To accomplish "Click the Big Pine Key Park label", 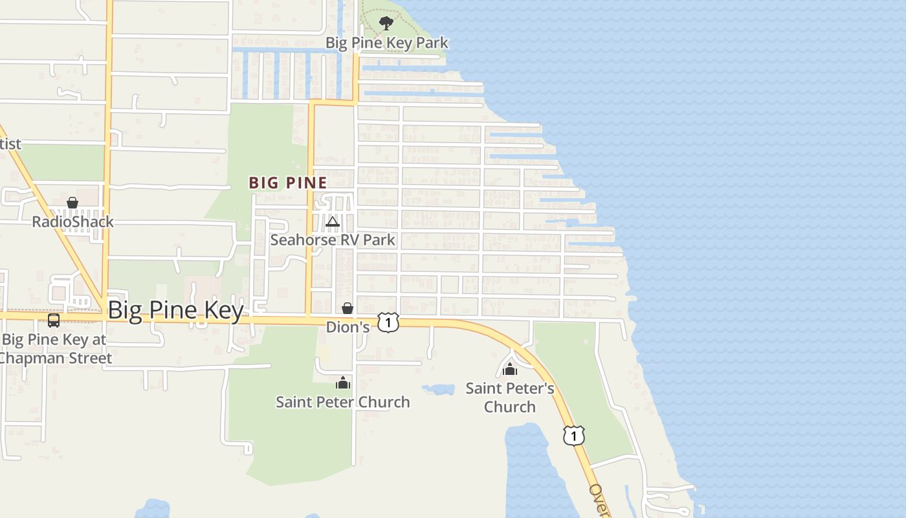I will click(x=386, y=43).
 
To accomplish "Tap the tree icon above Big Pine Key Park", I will click(x=386, y=24).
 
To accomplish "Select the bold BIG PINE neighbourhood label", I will click(x=288, y=183).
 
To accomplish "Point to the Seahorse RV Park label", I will click(x=332, y=240).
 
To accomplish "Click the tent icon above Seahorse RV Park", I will click(x=333, y=222).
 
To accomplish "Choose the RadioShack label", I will click(x=72, y=221).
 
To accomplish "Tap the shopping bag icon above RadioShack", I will click(x=72, y=203).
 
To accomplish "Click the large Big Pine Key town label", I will click(x=175, y=310).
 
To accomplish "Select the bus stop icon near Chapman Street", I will click(x=54, y=320).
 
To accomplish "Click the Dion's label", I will click(x=348, y=327).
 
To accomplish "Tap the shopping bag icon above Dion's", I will click(x=348, y=308).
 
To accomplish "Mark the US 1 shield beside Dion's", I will click(x=388, y=322).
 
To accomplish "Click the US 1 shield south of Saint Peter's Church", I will click(x=573, y=435).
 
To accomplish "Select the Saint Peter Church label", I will click(x=342, y=402).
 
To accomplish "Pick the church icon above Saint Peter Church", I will click(x=343, y=383).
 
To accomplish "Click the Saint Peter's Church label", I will click(x=510, y=398).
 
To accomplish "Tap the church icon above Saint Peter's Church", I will click(x=510, y=369).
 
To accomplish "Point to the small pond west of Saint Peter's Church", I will click(x=439, y=389).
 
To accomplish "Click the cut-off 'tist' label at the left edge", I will click(x=10, y=144).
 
